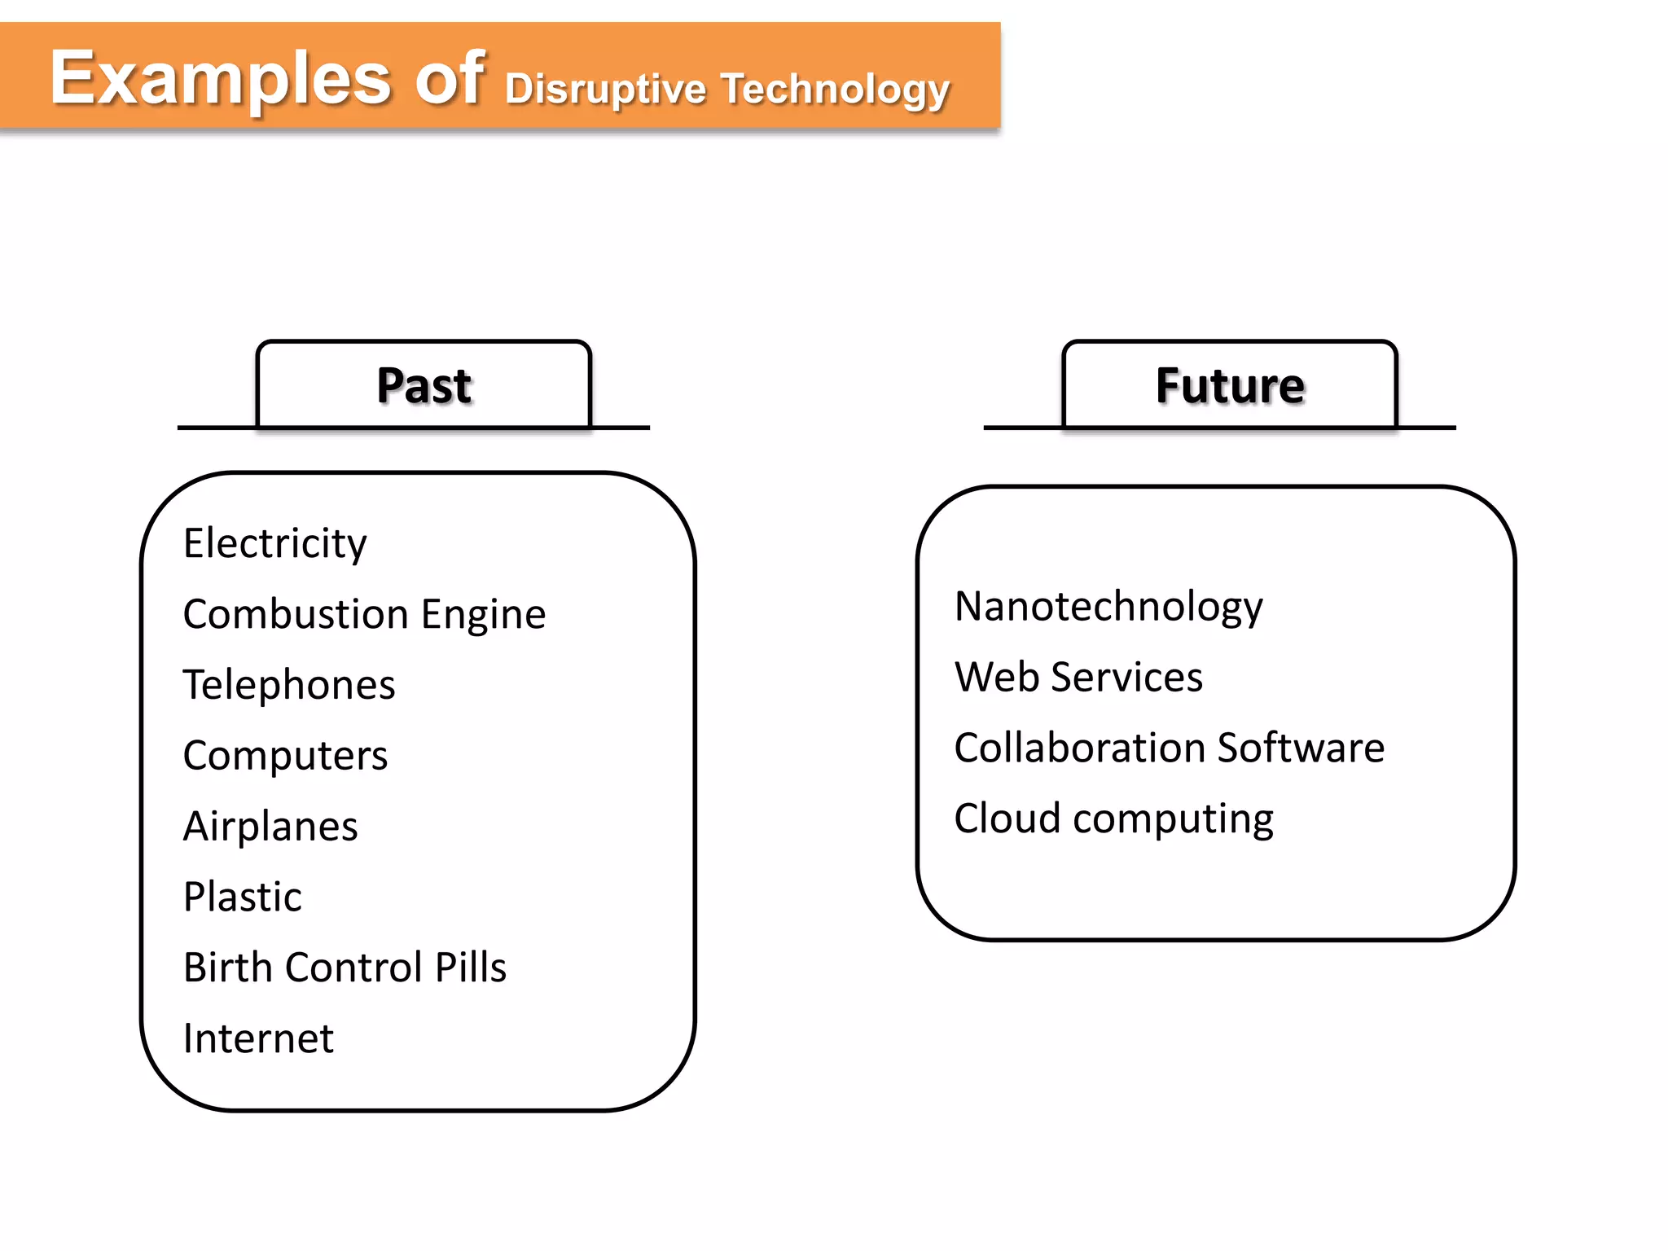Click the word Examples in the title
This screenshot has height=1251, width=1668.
220,79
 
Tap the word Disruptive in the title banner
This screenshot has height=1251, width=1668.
604,89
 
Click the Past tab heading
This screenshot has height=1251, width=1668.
424,385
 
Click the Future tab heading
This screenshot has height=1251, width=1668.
1230,385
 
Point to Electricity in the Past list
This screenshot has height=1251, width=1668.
274,543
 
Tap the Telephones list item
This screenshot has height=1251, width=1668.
289,685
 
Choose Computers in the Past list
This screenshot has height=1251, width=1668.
285,756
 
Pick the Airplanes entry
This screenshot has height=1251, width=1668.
270,827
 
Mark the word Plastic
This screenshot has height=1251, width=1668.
243,897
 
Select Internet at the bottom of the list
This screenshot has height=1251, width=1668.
258,1038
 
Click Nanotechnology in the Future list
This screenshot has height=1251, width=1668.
1108,607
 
